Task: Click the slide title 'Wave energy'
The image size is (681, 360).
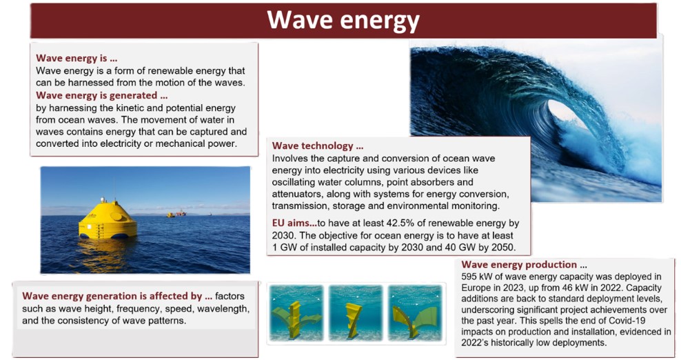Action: pyautogui.click(x=343, y=21)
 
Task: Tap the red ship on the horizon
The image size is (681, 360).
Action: pyautogui.click(x=179, y=214)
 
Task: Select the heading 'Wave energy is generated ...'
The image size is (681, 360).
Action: pyautogui.click(x=101, y=95)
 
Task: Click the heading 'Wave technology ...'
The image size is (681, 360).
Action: pyautogui.click(x=318, y=146)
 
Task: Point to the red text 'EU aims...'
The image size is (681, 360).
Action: pyautogui.click(x=294, y=223)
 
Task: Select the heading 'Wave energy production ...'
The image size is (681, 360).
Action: pyautogui.click(x=525, y=264)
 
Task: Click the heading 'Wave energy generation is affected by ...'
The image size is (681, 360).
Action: pyautogui.click(x=117, y=296)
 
